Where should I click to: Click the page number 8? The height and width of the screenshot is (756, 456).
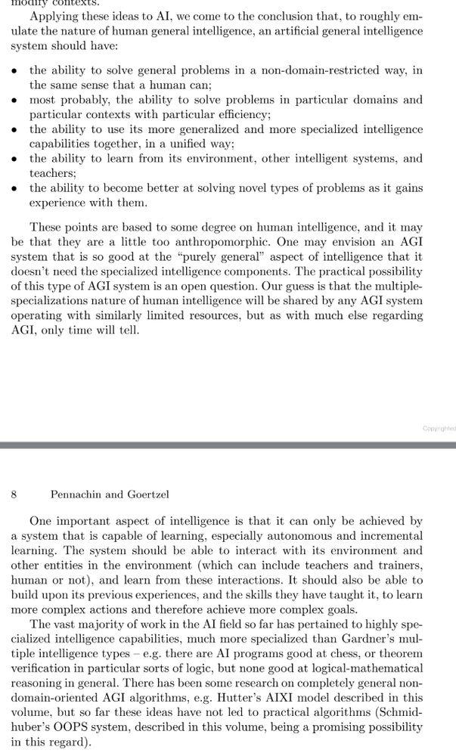pos(14,494)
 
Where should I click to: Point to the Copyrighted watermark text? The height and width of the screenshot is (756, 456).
pos(439,428)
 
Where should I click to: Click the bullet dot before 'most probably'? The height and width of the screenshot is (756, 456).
pos(14,100)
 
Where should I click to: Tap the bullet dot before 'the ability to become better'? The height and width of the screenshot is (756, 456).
pos(14,187)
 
